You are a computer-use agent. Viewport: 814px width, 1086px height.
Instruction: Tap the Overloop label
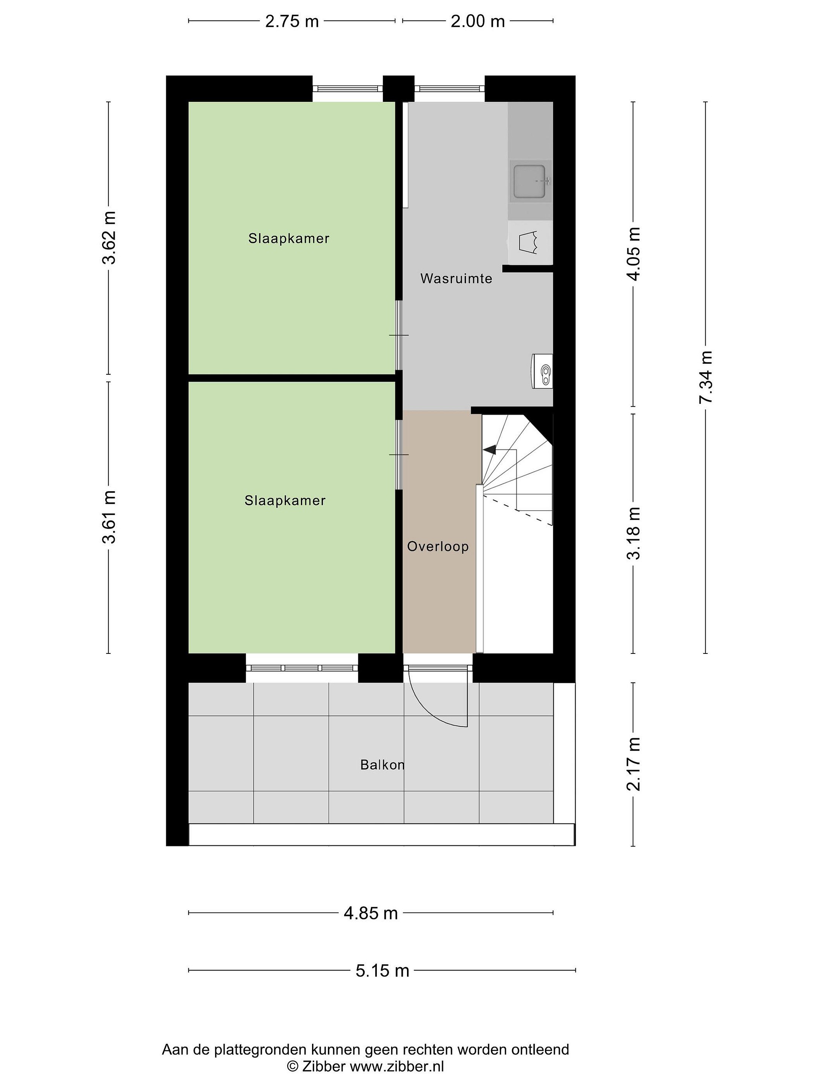point(438,546)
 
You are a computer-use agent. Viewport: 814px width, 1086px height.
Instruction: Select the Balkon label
point(382,764)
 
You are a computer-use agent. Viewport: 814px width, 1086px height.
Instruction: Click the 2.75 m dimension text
point(292,21)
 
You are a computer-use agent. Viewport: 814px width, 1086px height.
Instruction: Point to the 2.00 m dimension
point(478,21)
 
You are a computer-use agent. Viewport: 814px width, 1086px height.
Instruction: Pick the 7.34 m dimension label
point(705,377)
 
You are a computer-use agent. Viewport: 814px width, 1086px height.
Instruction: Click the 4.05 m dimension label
point(633,254)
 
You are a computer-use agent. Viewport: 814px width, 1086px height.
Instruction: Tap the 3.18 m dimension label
point(633,533)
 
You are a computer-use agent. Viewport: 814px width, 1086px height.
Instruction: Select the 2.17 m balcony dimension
point(633,764)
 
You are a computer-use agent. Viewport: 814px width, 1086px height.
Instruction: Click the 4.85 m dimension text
point(371,913)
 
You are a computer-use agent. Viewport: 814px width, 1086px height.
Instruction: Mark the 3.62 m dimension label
point(109,238)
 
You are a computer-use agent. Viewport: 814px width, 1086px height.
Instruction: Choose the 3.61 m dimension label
point(109,517)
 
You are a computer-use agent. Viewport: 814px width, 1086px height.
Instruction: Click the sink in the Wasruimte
point(530,181)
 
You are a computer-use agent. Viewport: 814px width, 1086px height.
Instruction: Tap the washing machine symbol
point(530,242)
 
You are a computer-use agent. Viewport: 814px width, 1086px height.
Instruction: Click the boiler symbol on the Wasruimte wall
point(542,371)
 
